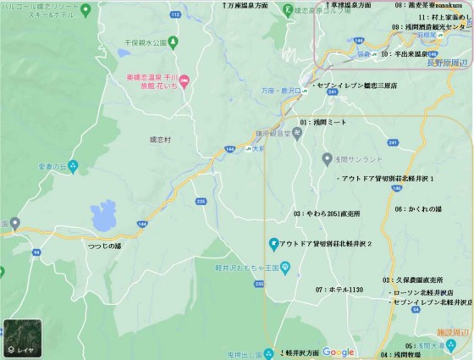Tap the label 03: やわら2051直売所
[x=327, y=213]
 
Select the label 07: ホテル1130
[x=339, y=290]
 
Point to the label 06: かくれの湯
[x=418, y=208]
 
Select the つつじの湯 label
[x=105, y=246]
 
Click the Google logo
[x=338, y=352]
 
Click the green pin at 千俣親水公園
[x=173, y=40]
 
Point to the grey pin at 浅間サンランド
[x=327, y=158]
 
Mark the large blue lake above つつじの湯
[x=103, y=215]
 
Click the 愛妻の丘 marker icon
[x=73, y=167]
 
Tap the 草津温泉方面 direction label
[x=342, y=5]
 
